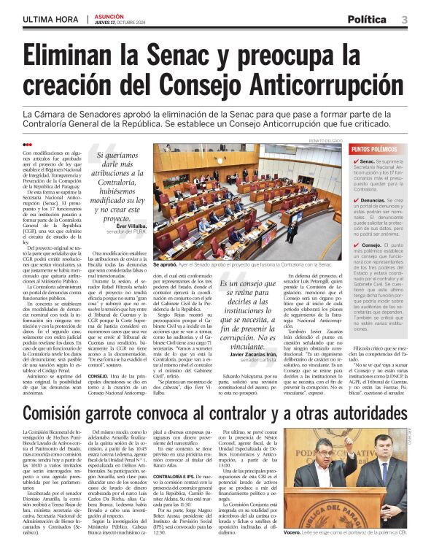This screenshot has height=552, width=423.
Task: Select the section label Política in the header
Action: point(368,19)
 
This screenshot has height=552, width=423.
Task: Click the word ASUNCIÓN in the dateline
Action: point(109,15)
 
